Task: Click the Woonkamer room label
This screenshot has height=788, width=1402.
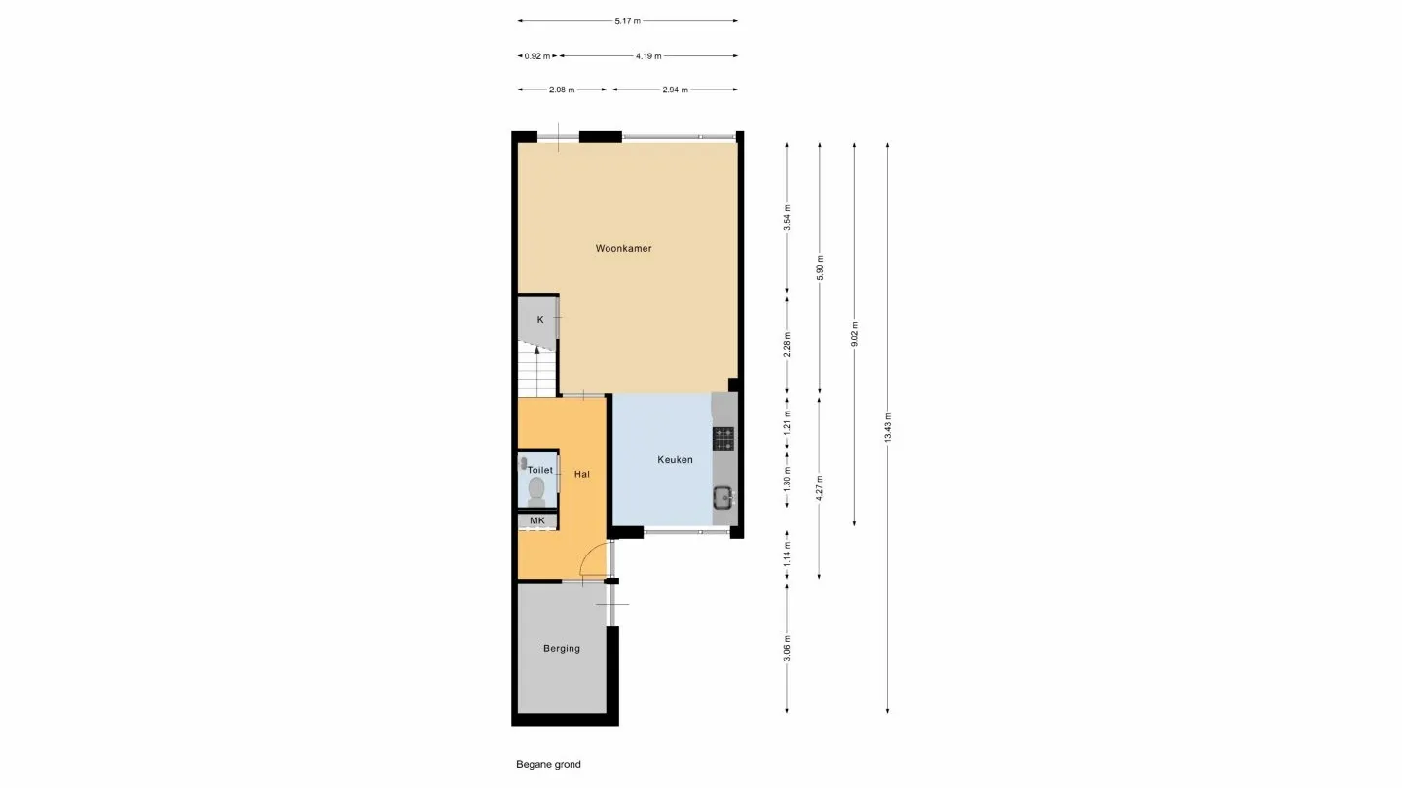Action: tap(623, 249)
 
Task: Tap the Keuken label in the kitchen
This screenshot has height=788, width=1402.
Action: tap(675, 460)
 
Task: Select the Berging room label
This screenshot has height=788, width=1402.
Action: tap(562, 649)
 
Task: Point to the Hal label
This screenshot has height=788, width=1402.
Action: tap(582, 475)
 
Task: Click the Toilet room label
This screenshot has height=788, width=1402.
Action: tap(539, 470)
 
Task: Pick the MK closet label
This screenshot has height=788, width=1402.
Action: tap(536, 521)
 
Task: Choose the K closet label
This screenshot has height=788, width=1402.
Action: tap(540, 319)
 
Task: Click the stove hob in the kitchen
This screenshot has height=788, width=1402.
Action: tap(723, 439)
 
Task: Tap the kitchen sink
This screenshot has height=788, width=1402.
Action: tap(723, 498)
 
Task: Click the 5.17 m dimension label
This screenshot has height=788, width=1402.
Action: tap(627, 20)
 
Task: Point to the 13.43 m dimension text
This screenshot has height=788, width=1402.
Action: tap(887, 428)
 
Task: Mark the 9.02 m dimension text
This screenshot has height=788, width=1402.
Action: tap(854, 334)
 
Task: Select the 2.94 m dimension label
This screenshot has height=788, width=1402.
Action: tap(674, 90)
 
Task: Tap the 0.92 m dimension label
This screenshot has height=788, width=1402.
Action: tap(538, 56)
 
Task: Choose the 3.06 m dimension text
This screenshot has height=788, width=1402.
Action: tap(787, 649)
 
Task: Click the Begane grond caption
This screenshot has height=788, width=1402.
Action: tap(548, 765)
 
